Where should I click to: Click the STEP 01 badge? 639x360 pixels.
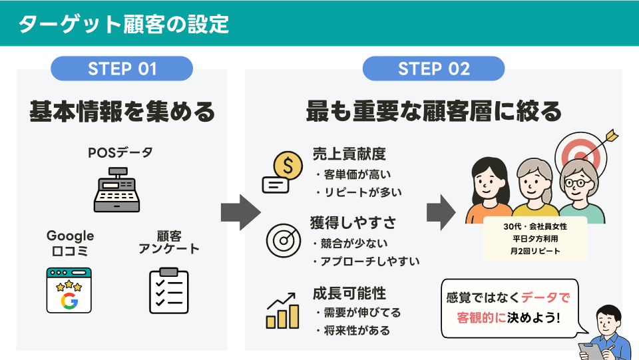click(x=122, y=69)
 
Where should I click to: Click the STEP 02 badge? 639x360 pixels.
click(x=433, y=69)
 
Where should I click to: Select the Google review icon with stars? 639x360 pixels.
click(x=69, y=290)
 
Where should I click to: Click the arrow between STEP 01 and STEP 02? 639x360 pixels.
click(x=238, y=212)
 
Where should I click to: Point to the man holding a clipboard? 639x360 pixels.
click(x=606, y=333)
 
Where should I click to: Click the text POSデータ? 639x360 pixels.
click(x=120, y=153)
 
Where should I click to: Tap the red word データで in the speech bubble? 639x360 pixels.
click(x=550, y=297)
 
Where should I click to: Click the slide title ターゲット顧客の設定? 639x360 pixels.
click(x=123, y=24)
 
